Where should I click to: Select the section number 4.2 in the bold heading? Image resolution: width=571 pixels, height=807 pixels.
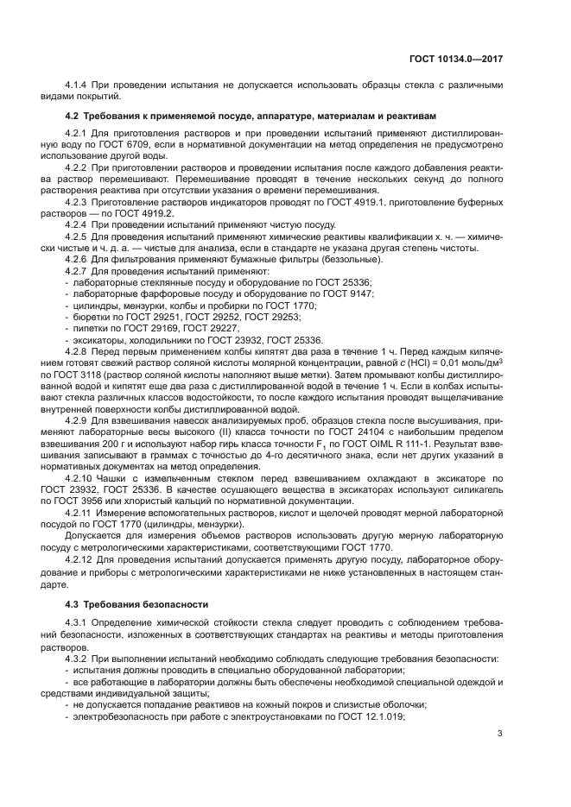[73, 116]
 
